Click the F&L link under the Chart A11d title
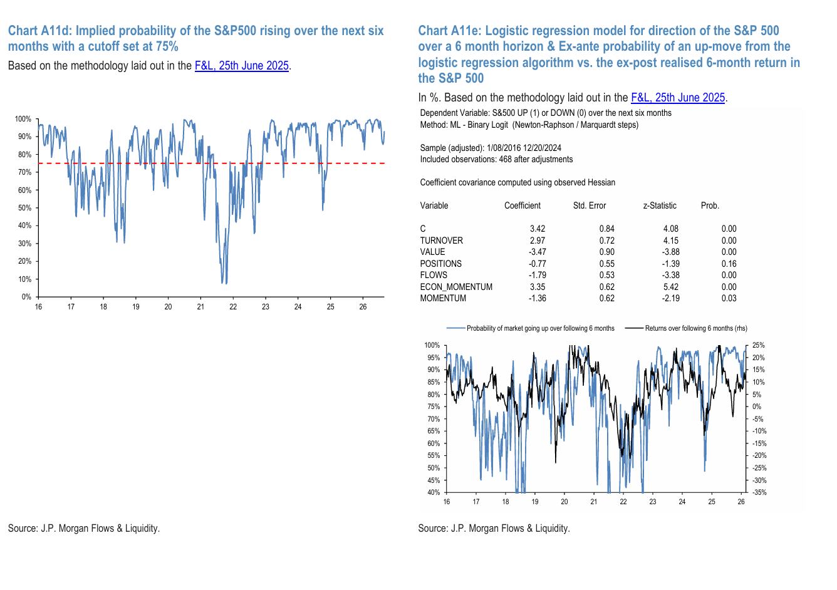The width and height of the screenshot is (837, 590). tap(242, 66)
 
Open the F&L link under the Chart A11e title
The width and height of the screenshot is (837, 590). tap(678, 98)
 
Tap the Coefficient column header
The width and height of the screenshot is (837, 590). tap(522, 205)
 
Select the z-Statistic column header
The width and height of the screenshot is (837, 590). tap(660, 205)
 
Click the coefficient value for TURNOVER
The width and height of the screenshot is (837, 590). tap(538, 241)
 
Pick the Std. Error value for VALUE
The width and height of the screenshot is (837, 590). tap(607, 252)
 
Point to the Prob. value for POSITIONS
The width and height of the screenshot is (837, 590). tap(729, 264)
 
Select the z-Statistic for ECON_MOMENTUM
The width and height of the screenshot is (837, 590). tap(671, 287)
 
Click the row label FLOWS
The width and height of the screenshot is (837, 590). tap(434, 276)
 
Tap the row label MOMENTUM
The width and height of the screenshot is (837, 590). tap(443, 299)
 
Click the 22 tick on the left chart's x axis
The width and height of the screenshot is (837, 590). tap(233, 307)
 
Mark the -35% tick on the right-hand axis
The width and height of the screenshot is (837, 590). tap(759, 492)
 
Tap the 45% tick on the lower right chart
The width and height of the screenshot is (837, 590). tap(434, 480)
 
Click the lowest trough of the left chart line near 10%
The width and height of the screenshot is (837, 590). tap(226, 284)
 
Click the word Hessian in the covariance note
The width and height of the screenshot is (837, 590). tap(601, 183)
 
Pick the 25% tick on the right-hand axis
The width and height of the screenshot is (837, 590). tap(758, 345)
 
